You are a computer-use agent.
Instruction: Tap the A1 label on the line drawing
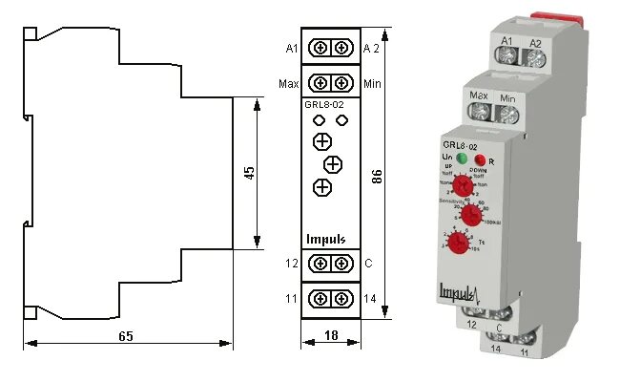pyautogui.click(x=292, y=48)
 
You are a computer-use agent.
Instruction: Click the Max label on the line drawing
pyautogui.click(x=289, y=83)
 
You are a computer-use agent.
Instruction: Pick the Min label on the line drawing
pyautogui.click(x=373, y=83)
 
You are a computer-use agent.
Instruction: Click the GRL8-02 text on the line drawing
pyautogui.click(x=324, y=104)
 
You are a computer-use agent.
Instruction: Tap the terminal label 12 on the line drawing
pyautogui.click(x=291, y=263)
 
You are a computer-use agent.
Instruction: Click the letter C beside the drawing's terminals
pyautogui.click(x=368, y=263)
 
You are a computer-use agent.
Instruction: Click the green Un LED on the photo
pyautogui.click(x=462, y=158)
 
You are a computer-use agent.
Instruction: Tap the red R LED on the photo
pyautogui.click(x=482, y=159)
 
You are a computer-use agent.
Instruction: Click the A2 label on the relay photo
pyautogui.click(x=535, y=43)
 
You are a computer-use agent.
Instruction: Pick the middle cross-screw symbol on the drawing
pyautogui.click(x=332, y=163)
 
